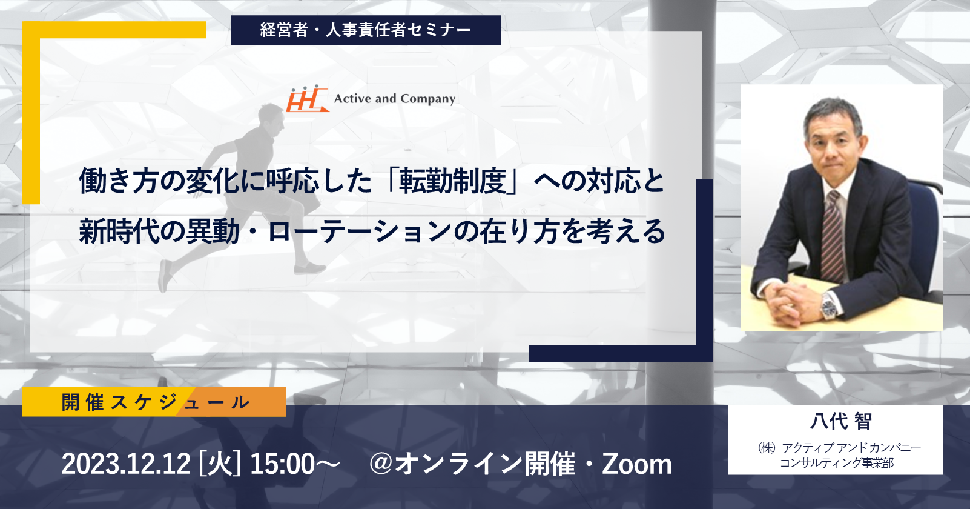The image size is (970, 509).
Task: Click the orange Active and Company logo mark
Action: (307, 98)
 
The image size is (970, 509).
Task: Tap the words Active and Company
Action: (395, 99)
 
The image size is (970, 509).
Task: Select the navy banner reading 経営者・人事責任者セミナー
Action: (366, 30)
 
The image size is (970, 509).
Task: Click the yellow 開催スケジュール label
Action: (154, 402)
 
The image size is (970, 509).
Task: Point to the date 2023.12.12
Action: (126, 464)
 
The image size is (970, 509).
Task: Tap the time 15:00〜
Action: (295, 464)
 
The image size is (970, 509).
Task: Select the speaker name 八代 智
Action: (841, 421)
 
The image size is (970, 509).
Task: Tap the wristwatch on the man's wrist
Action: (829, 305)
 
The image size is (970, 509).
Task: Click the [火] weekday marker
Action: (220, 464)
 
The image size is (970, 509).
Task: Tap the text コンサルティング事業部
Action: (837, 463)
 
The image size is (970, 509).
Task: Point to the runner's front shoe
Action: (309, 268)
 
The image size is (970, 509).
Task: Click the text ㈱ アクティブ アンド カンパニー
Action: (839, 448)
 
